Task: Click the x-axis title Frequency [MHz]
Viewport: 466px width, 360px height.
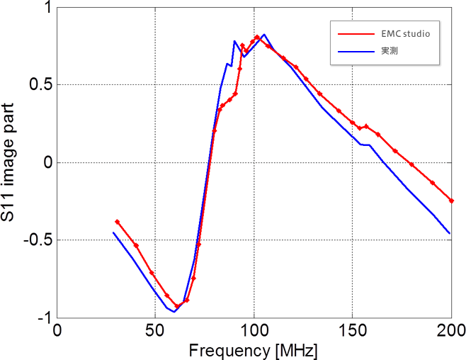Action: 253,350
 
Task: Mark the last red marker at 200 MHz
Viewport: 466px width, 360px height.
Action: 451,201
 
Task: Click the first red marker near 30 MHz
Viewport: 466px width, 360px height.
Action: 118,222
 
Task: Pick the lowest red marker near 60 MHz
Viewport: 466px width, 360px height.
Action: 177,306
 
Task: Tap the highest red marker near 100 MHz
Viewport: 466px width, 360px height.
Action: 257,37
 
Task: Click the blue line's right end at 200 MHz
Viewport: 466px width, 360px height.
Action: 450,233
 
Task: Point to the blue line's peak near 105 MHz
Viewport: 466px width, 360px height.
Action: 263,34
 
